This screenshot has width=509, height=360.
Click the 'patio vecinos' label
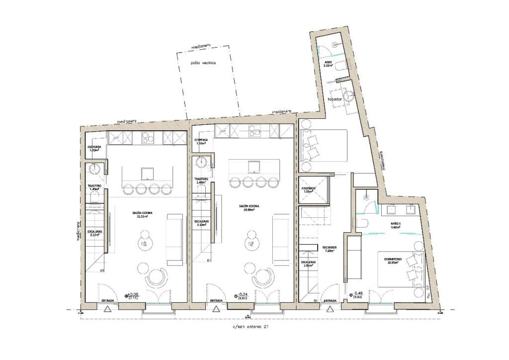pyautogui.click(x=202, y=69)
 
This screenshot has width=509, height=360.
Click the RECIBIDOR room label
pyautogui.click(x=330, y=249)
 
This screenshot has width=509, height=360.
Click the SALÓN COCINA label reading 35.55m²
pyautogui.click(x=142, y=214)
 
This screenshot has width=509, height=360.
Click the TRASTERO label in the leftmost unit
pyautogui.click(x=94, y=187)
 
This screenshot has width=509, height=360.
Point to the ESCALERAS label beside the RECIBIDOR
pyautogui.click(x=308, y=264)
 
